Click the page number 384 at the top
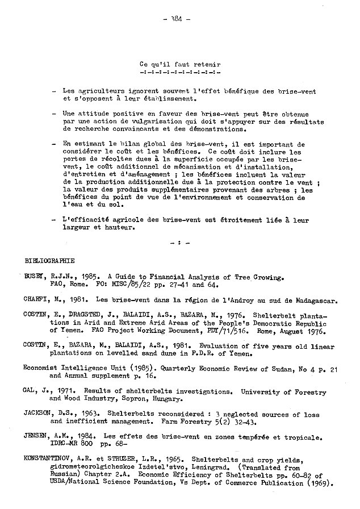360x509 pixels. [180, 18]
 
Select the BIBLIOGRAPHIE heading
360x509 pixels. [50, 261]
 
